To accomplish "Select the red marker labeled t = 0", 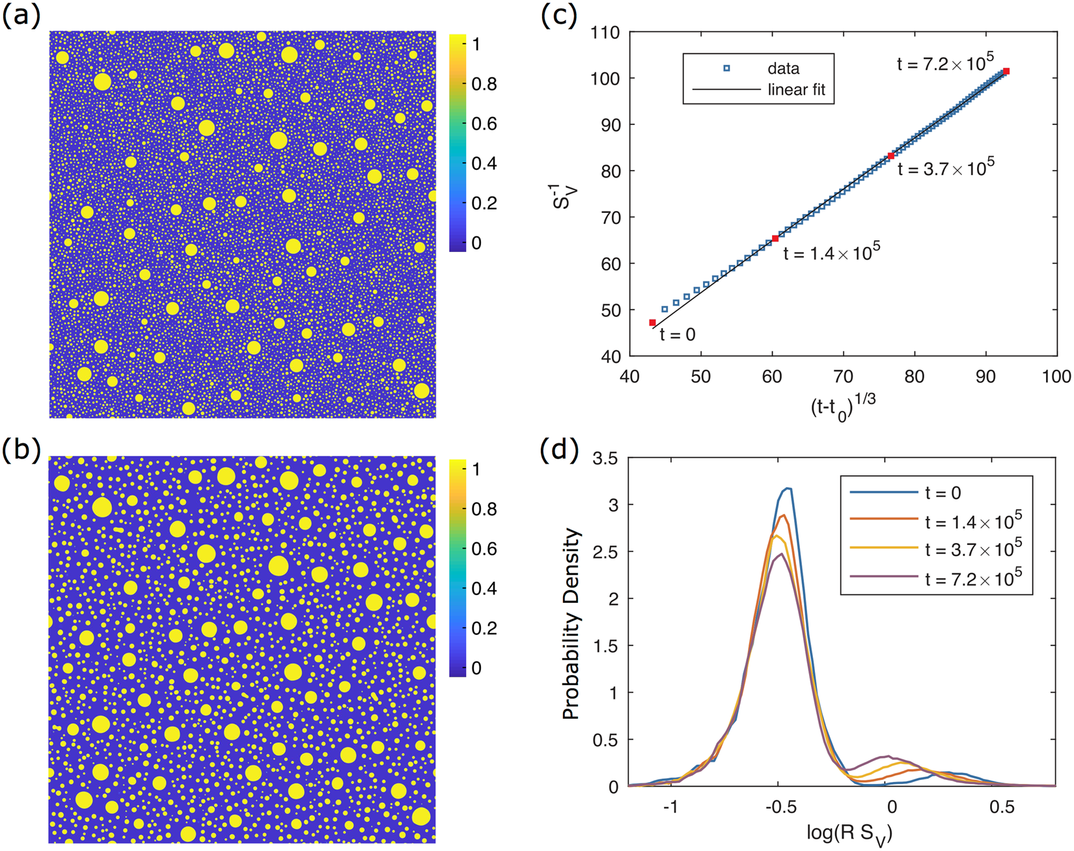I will pyautogui.click(x=652, y=322).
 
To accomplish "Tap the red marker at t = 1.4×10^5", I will pyautogui.click(x=775, y=238).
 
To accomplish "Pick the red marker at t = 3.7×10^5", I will pyautogui.click(x=890, y=156).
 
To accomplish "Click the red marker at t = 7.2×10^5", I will pyautogui.click(x=1006, y=71).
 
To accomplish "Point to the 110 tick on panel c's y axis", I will pyautogui.click(x=607, y=32).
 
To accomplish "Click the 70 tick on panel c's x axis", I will pyautogui.click(x=844, y=377).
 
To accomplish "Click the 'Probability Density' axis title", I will pyautogui.click(x=571, y=623).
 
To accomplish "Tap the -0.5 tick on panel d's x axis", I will pyautogui.click(x=781, y=807).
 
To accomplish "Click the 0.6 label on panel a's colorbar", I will pyautogui.click(x=484, y=124).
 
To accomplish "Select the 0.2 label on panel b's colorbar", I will pyautogui.click(x=484, y=628).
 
